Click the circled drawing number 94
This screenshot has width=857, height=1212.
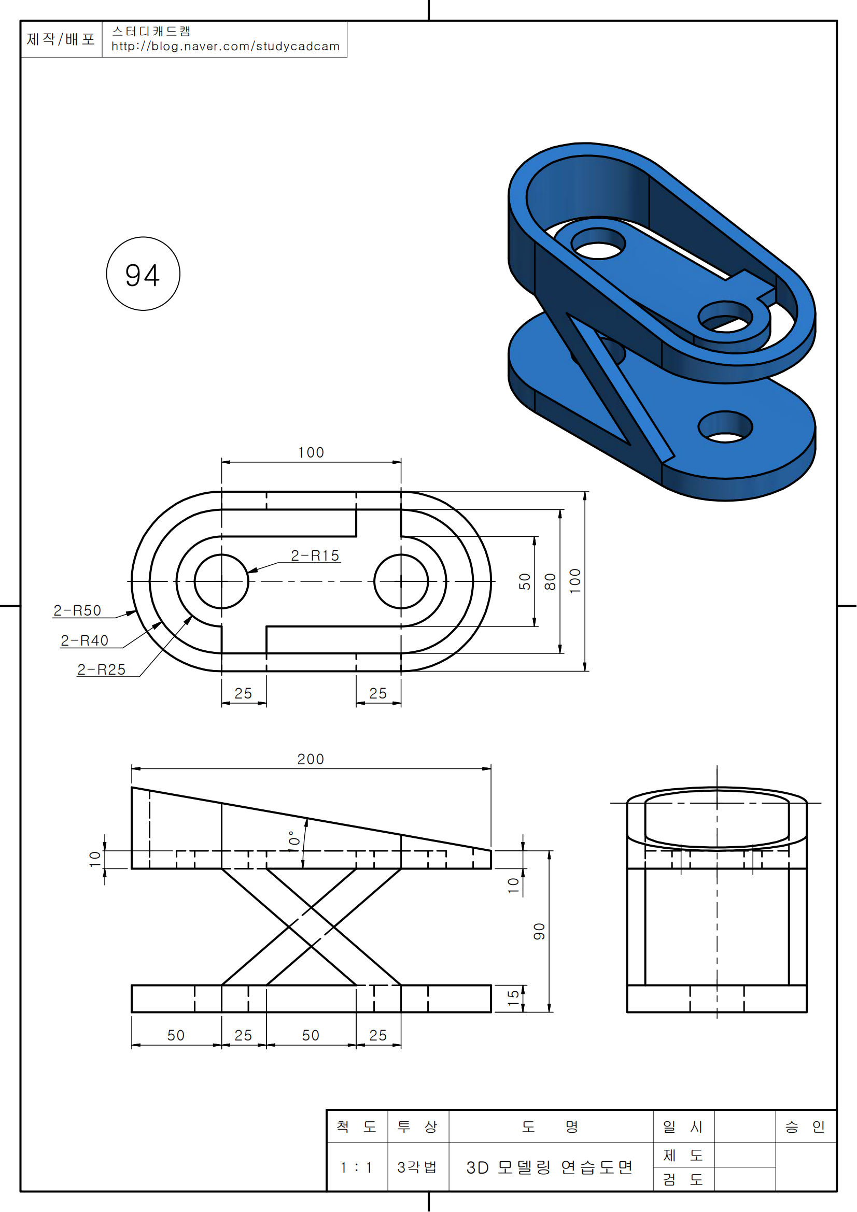coord(143,274)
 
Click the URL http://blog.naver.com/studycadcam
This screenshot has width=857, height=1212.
coord(226,47)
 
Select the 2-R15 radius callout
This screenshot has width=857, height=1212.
coord(315,555)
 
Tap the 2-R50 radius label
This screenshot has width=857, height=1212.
coord(77,611)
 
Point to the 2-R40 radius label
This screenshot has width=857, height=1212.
coord(85,641)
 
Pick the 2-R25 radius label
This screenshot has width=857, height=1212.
coord(102,670)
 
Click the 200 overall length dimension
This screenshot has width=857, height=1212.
coord(311,760)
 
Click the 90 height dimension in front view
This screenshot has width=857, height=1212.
coord(539,932)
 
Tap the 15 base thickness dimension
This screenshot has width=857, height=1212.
coord(513,997)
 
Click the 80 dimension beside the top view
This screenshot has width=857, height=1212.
coord(550,582)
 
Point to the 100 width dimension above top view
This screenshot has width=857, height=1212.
coord(311,453)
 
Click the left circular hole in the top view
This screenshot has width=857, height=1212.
coord(221,581)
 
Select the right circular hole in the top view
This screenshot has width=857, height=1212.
coord(401,581)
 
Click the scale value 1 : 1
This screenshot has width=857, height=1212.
coord(356,1167)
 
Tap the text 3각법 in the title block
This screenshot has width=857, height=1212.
coord(417,1166)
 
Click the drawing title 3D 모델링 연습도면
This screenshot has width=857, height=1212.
coord(549,1167)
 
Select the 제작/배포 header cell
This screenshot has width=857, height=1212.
coord(61,39)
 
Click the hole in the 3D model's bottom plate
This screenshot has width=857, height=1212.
coord(725,426)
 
